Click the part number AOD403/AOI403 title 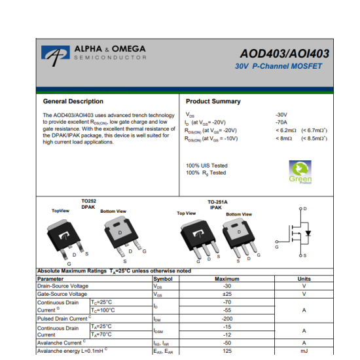tap(284, 54)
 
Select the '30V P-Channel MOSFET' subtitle tap(278, 67)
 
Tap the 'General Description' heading tap(73, 101)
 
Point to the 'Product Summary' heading tap(213, 101)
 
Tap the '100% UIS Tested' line tap(207, 166)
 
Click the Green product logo tap(300, 171)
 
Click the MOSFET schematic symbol tap(298, 233)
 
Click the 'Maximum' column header tap(227, 279)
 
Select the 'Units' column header tap(304, 279)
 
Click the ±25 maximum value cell tap(227, 294)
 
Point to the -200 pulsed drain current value tap(227, 318)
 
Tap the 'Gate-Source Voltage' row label tap(62, 294)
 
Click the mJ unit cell tap(304, 351)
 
